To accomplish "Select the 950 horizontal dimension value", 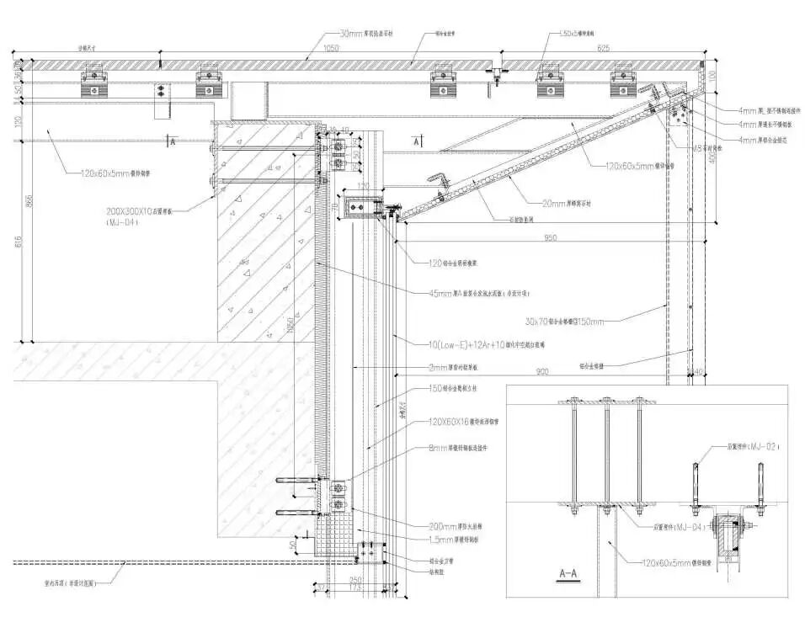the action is tap(550, 238).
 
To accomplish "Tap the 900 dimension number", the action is tap(541, 371).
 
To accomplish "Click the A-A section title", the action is tap(572, 575).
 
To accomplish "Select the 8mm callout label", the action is tap(469, 447).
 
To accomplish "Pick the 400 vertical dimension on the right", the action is tap(712, 157).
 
